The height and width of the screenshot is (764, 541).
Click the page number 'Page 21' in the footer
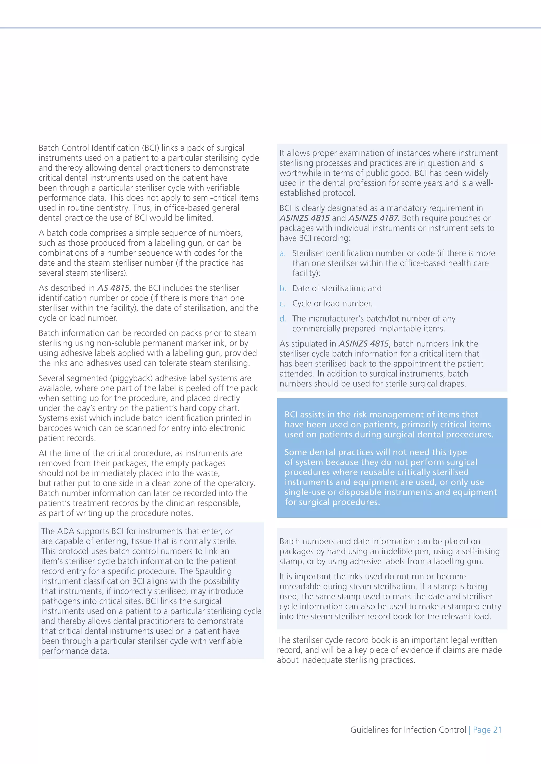[487, 730]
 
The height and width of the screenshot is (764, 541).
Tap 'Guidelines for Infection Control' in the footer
[408, 730]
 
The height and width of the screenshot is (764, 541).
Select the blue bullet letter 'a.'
[282, 254]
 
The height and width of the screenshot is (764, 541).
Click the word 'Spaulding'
[213, 571]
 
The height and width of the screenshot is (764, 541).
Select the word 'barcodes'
[54, 428]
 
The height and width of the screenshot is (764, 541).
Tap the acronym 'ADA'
[66, 531]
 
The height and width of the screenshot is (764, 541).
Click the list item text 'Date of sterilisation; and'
[337, 289]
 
